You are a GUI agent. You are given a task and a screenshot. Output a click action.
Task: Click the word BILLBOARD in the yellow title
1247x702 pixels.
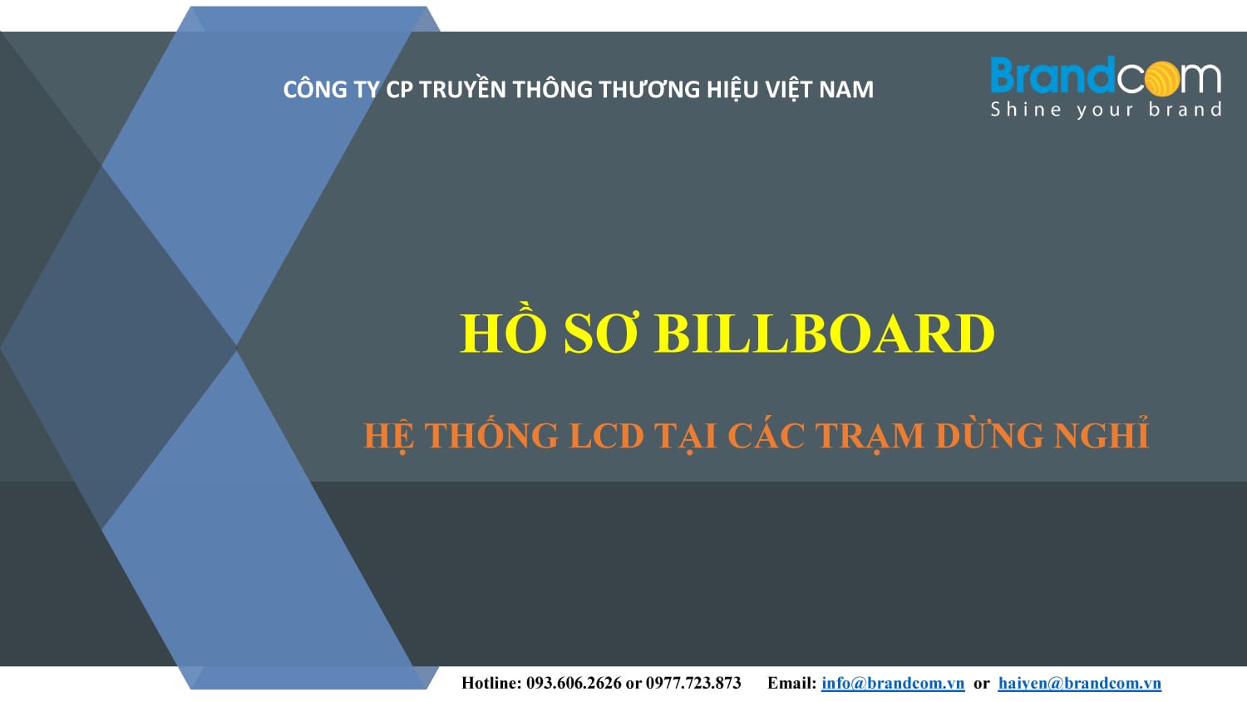(825, 334)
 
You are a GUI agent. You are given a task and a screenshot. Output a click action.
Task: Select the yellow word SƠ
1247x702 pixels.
(600, 334)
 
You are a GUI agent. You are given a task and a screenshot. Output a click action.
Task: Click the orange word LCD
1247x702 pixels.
(607, 436)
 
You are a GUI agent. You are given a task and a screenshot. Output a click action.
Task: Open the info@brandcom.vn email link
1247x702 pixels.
(893, 683)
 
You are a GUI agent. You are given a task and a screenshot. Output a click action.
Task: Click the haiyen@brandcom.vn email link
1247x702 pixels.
(1079, 683)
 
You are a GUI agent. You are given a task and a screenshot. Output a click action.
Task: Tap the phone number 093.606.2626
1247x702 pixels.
(574, 683)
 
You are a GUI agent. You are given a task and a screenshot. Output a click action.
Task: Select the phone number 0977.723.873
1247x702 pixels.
(693, 683)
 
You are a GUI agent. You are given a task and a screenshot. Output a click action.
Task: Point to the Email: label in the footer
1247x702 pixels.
(791, 683)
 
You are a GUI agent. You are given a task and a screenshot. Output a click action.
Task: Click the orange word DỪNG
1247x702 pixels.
(989, 434)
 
